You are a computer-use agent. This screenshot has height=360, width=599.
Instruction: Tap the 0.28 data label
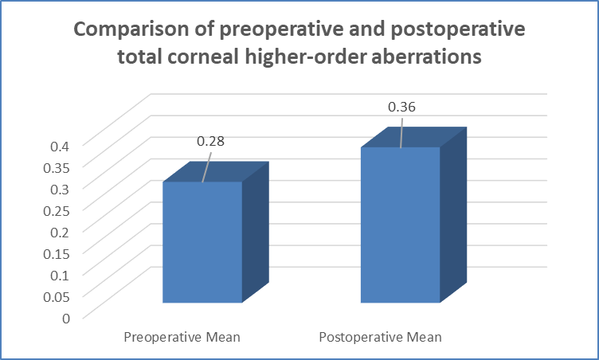click(x=210, y=142)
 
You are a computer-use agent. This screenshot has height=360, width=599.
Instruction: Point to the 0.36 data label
click(x=401, y=107)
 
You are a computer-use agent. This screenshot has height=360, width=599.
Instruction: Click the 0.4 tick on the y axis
click(x=60, y=146)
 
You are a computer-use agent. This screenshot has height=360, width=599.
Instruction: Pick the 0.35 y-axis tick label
click(x=57, y=168)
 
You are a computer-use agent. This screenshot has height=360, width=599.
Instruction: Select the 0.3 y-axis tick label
click(x=60, y=190)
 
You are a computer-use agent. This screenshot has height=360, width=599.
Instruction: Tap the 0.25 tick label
click(x=57, y=210)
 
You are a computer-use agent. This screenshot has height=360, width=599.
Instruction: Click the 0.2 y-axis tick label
click(x=60, y=233)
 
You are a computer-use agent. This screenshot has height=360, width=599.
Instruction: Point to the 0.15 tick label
click(x=57, y=254)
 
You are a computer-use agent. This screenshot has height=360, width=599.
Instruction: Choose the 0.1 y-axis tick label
click(x=60, y=275)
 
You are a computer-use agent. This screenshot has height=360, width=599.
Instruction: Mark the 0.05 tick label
click(x=57, y=297)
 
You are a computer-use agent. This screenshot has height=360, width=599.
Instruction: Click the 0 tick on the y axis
click(x=66, y=319)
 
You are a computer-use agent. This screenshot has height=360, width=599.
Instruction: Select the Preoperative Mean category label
click(x=182, y=338)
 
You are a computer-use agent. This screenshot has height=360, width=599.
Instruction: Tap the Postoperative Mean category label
click(x=381, y=338)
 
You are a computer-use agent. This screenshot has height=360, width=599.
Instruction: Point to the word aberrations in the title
click(x=426, y=57)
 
